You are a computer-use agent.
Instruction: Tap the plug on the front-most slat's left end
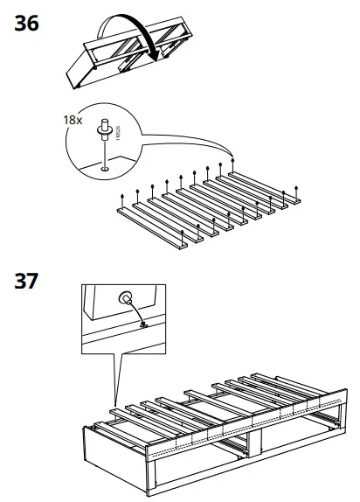(x=120, y=199)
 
